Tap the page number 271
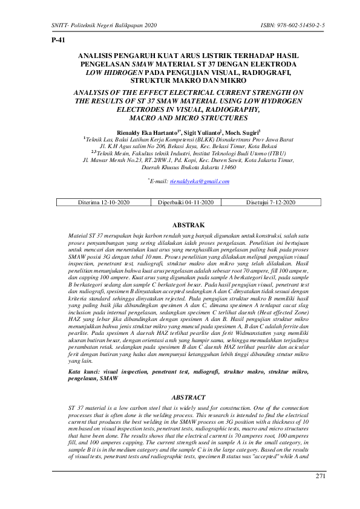[x=320, y=477]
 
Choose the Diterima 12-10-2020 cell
[x=103, y=201]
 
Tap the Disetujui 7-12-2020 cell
[x=271, y=201]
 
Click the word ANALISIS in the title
[x=100, y=56]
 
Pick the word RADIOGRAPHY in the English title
[x=214, y=111]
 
